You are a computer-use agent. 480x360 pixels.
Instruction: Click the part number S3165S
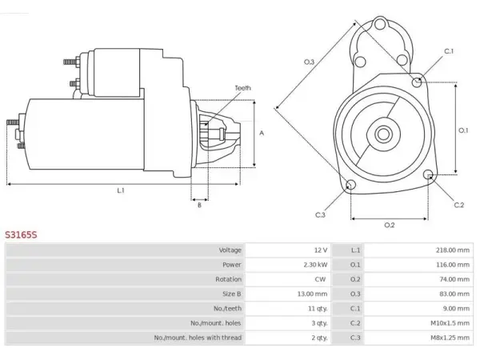coord(21,234)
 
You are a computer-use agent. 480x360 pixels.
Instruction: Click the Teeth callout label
coord(242,88)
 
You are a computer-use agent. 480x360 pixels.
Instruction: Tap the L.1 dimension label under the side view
coord(121,190)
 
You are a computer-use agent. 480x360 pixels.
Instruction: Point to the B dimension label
coord(199,205)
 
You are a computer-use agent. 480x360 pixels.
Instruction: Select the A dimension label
coord(262,133)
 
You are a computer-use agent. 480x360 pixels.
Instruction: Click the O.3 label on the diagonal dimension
coord(309,62)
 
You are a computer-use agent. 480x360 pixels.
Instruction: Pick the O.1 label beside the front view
coord(463,130)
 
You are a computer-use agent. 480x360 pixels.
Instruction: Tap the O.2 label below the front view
coord(390,226)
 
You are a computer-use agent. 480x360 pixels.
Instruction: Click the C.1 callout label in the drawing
coord(449,51)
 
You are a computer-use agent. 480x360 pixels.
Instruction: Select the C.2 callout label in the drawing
coord(459,205)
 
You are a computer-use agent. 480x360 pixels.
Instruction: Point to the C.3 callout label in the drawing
coord(320,215)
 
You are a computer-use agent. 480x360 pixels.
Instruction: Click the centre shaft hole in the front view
coord(383,134)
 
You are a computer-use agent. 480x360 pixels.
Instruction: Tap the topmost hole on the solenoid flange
coord(380,24)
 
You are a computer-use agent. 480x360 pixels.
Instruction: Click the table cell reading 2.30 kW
coord(315,265)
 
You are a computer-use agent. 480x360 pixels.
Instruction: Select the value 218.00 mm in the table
coord(453,250)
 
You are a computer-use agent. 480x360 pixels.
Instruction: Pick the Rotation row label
coord(228,279)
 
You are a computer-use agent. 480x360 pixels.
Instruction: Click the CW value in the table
coord(320,279)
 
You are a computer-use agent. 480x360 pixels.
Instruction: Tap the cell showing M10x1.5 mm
coord(450,323)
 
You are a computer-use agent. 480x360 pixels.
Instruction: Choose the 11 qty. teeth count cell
coord(318,309)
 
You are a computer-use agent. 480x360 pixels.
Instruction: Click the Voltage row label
coord(230,250)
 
